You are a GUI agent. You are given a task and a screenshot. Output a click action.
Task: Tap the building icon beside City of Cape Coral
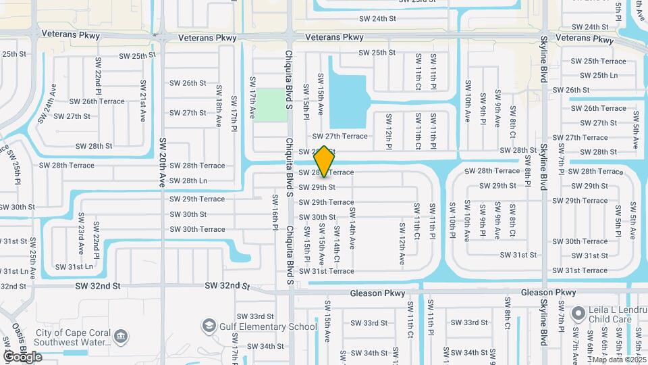(x=122, y=335)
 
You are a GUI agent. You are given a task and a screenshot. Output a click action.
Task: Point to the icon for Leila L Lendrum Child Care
(x=577, y=314)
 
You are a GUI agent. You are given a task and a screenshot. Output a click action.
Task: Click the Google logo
(x=22, y=356)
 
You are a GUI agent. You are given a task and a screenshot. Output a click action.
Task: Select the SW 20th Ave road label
(x=163, y=162)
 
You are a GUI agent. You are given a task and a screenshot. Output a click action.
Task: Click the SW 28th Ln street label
(x=188, y=181)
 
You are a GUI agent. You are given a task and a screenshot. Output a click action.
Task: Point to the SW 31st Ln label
(x=74, y=266)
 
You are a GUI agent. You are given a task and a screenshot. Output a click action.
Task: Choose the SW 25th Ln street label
(x=595, y=75)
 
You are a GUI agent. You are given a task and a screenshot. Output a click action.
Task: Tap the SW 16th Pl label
(x=275, y=212)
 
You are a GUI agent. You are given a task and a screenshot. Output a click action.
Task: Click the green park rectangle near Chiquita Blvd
(x=270, y=105)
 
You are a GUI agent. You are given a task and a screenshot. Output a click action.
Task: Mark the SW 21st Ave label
(x=142, y=101)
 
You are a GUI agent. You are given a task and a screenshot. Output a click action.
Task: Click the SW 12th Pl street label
(x=389, y=131)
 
